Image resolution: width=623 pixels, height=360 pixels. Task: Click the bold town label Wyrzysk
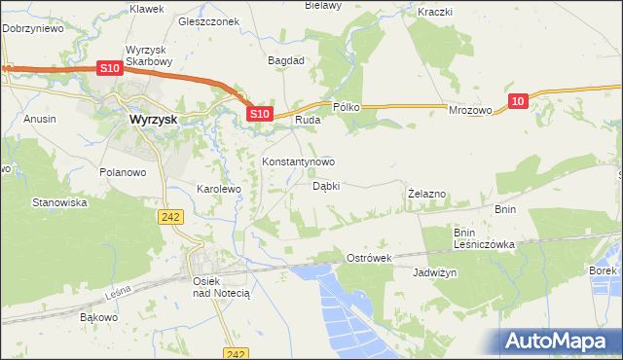pos(153,120)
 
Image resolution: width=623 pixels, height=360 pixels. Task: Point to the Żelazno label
pos(426,194)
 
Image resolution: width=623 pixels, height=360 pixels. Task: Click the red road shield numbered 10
pos(518,100)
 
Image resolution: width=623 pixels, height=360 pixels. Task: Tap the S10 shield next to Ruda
pos(258,114)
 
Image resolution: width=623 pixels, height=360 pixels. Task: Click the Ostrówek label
pos(369,258)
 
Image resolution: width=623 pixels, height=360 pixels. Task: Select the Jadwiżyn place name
pos(434,273)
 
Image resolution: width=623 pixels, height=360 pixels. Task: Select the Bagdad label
pos(287,59)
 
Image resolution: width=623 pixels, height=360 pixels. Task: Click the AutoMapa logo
pos(558,341)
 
